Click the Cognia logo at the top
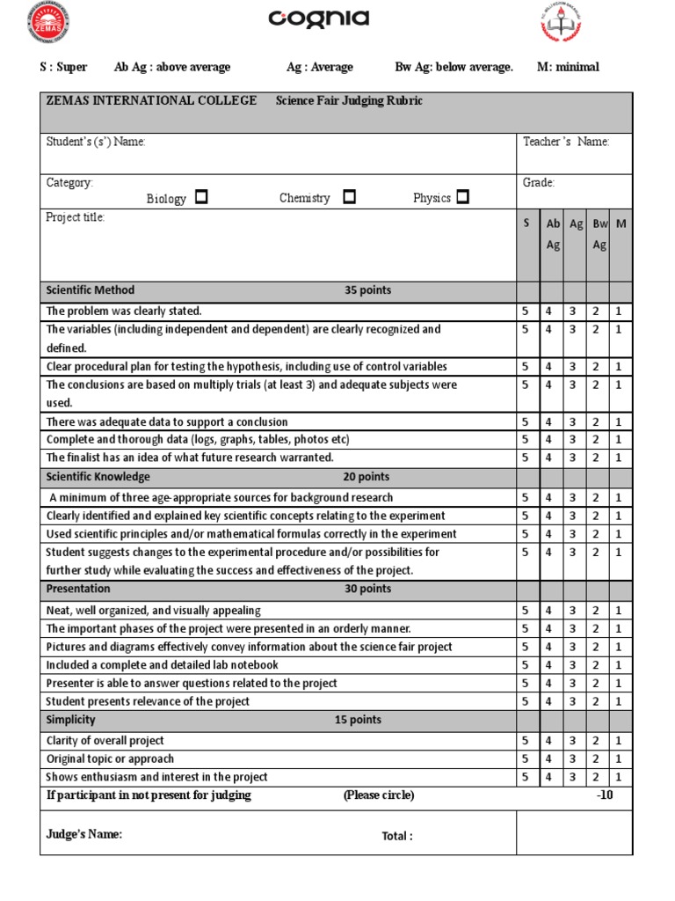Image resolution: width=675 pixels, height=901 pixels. click(318, 19)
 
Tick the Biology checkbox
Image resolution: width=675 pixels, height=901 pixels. click(201, 197)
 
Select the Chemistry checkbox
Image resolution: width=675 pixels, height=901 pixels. click(349, 197)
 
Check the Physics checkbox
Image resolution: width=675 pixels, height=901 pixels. click(462, 197)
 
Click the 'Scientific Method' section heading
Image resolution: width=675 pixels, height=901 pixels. click(91, 290)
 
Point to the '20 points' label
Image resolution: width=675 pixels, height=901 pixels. click(367, 477)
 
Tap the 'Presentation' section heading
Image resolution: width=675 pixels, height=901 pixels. click(78, 589)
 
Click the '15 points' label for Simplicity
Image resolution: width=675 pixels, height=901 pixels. click(358, 720)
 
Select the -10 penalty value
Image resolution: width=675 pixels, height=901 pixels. click(604, 795)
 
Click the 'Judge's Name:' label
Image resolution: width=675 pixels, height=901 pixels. click(84, 834)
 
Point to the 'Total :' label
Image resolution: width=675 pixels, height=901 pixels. click(396, 836)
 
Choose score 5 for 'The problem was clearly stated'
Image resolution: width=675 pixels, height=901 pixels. click(526, 311)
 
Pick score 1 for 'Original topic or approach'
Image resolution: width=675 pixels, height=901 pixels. click(619, 759)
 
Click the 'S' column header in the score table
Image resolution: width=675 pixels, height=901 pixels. click(526, 223)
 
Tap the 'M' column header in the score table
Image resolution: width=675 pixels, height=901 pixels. click(621, 223)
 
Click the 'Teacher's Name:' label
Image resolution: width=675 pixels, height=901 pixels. click(566, 142)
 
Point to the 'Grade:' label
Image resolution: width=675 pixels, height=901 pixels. click(539, 183)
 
